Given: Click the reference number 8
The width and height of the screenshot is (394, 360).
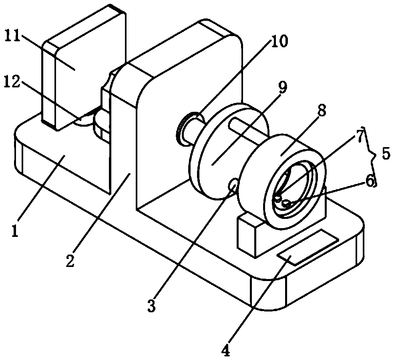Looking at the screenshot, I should pyautogui.click(x=322, y=111).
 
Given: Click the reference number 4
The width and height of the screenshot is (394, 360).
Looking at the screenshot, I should pyautogui.click(x=226, y=351).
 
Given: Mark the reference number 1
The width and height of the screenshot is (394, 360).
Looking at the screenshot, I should pyautogui.click(x=16, y=232).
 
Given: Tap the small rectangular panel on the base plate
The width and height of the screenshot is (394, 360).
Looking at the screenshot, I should pyautogui.click(x=308, y=247).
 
